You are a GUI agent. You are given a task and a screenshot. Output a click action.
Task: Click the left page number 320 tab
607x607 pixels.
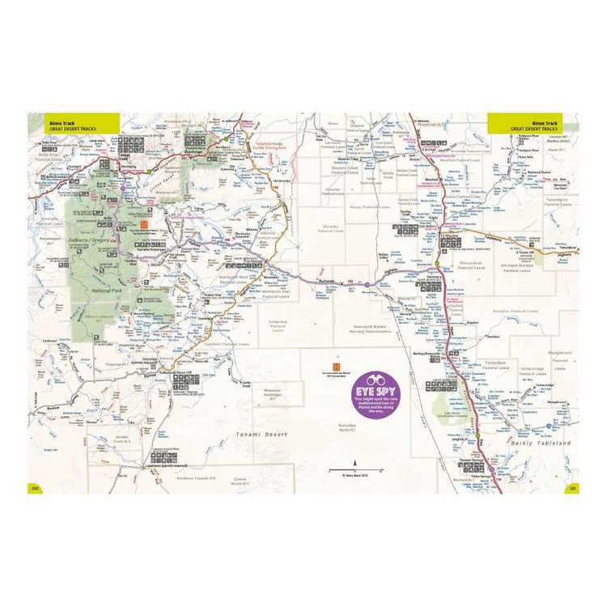tap(35, 488)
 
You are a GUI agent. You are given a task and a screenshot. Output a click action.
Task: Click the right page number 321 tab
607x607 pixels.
tap(571, 488)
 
